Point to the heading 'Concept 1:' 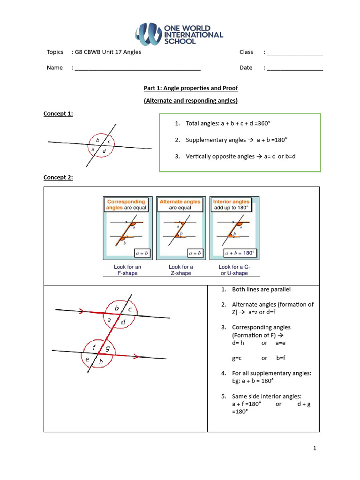coord(58,113)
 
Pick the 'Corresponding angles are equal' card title coord(126,205)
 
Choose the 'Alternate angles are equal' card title coord(180,205)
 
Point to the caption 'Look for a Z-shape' coord(180,270)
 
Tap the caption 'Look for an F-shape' coord(127,270)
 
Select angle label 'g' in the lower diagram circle coord(108,348)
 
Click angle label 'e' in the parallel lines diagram coord(87,360)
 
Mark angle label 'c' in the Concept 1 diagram coord(109,141)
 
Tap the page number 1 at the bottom coord(315,448)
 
